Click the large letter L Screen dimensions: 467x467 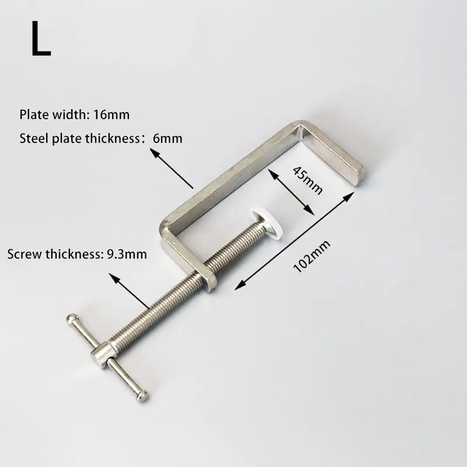[41, 39]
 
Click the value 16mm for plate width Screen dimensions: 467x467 [111, 114]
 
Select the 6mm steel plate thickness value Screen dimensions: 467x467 [168, 138]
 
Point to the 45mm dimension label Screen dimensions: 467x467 [308, 180]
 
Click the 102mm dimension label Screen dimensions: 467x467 [312, 256]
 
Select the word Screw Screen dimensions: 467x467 [25, 254]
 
